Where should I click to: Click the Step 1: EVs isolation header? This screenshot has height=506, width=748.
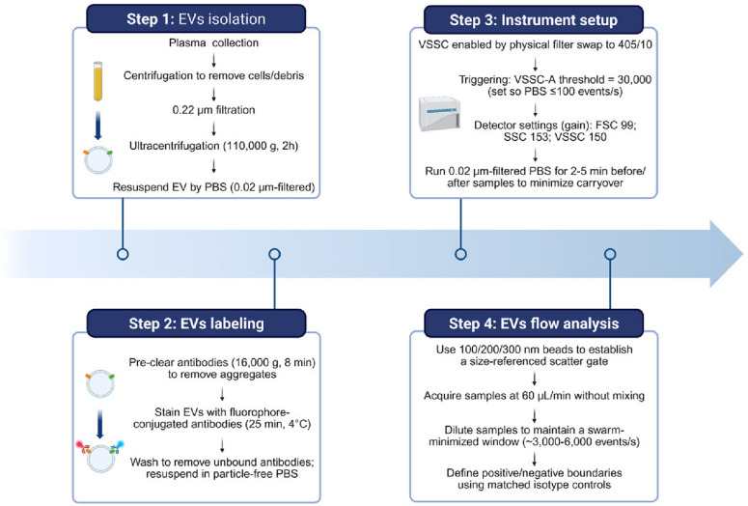coord(196,19)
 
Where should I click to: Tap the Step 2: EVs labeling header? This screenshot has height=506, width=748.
coord(196,323)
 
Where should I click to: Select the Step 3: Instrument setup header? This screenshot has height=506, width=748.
coord(534,20)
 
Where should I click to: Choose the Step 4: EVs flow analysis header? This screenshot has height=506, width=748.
coord(534,323)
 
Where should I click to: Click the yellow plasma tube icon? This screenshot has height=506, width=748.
coord(97,81)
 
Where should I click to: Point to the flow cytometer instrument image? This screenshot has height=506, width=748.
coord(439,113)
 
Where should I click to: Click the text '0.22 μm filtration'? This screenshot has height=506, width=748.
coord(213,110)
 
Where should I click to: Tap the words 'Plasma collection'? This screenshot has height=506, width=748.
coord(213,42)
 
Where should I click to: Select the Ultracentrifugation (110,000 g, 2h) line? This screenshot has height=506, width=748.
coord(213,146)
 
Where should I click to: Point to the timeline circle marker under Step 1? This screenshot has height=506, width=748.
coord(123,254)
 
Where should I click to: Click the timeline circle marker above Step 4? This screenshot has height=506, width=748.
coord(610,254)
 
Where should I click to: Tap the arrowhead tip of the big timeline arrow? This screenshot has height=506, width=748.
coord(743,254)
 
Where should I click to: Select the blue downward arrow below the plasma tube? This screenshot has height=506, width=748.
coord(97,126)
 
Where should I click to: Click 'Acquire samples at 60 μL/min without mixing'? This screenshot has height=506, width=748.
coord(535,396)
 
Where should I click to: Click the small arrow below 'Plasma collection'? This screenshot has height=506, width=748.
coord(213,60)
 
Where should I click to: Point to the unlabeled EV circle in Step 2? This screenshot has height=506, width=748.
coord(99,383)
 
